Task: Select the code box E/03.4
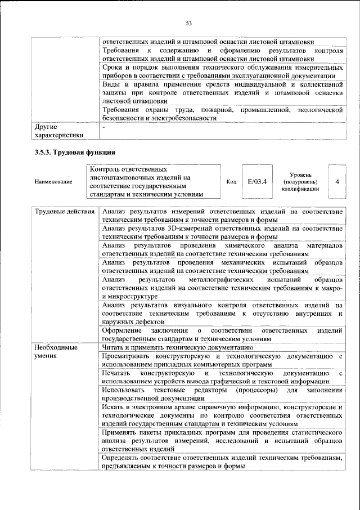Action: coord(256,181)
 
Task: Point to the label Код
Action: coord(231,182)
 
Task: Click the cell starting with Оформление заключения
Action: coord(222,334)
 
